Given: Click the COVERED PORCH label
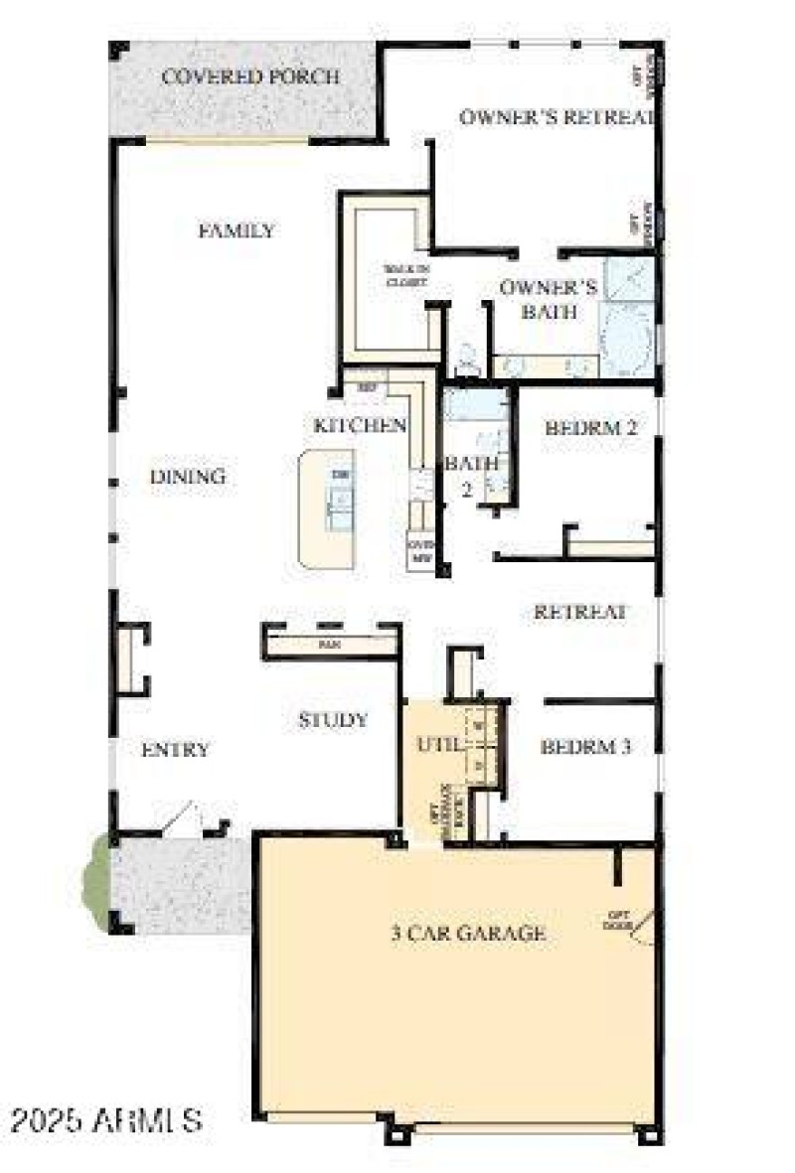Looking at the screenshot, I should [250, 76].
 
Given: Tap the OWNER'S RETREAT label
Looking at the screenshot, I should [556, 116].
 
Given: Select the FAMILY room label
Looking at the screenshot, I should [237, 230].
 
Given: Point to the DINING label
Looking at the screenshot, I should [188, 477].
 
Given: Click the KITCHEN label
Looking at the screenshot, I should [360, 425].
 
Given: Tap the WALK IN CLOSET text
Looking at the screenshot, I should [406, 275].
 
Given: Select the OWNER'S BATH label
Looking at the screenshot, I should [548, 299].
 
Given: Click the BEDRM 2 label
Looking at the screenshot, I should [590, 428].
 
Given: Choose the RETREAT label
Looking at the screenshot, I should [579, 612].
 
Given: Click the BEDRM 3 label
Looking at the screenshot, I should [585, 747].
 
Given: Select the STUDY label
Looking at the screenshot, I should [333, 720].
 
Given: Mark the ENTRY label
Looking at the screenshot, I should [175, 750].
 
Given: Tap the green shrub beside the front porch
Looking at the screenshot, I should [100, 882].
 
